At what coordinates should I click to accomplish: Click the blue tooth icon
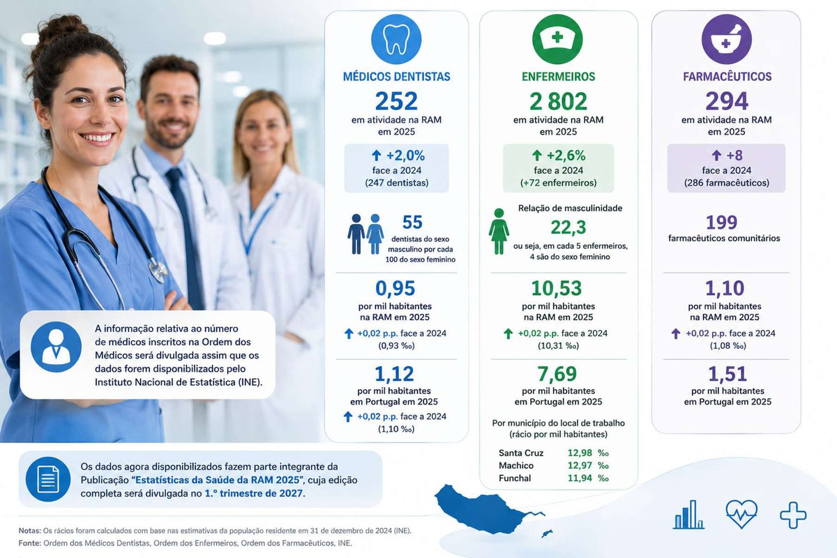pyautogui.click(x=396, y=39)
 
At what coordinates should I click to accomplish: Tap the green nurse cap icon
pyautogui.click(x=557, y=39)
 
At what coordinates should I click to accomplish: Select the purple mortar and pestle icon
pyautogui.click(x=726, y=39)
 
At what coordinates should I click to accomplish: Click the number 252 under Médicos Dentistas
pyautogui.click(x=396, y=101)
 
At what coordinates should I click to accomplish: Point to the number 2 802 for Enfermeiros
pyautogui.click(x=558, y=101)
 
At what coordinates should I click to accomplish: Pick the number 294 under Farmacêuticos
pyautogui.click(x=726, y=101)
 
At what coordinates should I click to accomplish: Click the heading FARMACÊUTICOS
pyautogui.click(x=727, y=77)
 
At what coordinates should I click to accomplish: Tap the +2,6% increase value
pyautogui.click(x=566, y=156)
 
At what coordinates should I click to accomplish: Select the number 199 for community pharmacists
pyautogui.click(x=721, y=223)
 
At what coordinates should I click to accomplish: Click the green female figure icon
pyautogui.click(x=499, y=232)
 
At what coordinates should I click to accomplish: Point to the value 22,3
pyautogui.click(x=568, y=227)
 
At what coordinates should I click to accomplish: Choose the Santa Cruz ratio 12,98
pyautogui.click(x=580, y=453)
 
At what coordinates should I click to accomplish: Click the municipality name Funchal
pyautogui.click(x=515, y=478)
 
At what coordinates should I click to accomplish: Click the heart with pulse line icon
pyautogui.click(x=741, y=514)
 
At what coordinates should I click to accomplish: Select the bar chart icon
pyautogui.click(x=688, y=515)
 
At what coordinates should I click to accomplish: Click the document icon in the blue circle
pyautogui.click(x=48, y=479)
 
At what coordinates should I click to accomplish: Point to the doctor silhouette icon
pyautogui.click(x=56, y=347)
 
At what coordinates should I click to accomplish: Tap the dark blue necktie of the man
pyautogui.click(x=187, y=239)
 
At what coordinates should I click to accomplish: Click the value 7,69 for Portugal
pyautogui.click(x=557, y=374)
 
